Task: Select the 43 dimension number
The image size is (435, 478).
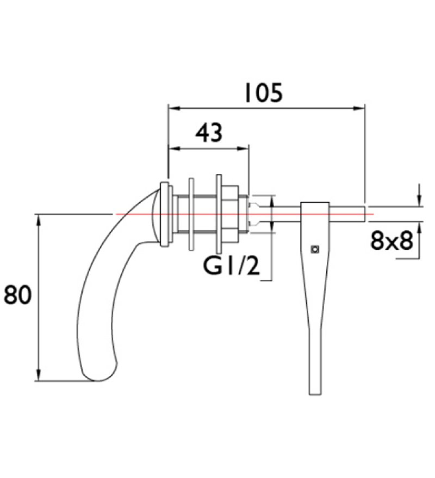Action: tap(209, 132)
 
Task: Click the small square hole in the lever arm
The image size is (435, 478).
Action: tap(314, 249)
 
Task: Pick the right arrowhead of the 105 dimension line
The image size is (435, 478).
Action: tap(361, 108)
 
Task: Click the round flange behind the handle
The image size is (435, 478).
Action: tap(164, 214)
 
